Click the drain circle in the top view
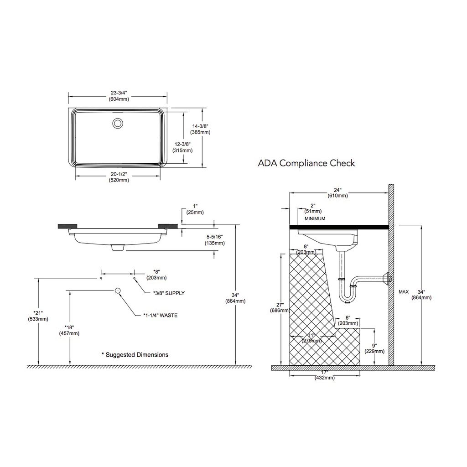click(x=118, y=123)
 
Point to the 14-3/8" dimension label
click(x=201, y=129)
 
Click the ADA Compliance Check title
click(x=306, y=163)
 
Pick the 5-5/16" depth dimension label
click(x=214, y=240)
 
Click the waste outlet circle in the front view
click(x=118, y=291)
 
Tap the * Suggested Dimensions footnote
click(x=135, y=354)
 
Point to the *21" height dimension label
click(x=38, y=316)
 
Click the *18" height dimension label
click(x=69, y=330)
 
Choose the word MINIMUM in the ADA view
click(x=315, y=219)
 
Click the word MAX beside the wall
click(x=404, y=291)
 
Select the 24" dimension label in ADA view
click(x=338, y=192)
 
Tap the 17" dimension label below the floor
click(x=326, y=375)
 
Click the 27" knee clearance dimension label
click(x=280, y=307)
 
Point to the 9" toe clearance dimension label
click(x=374, y=348)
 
